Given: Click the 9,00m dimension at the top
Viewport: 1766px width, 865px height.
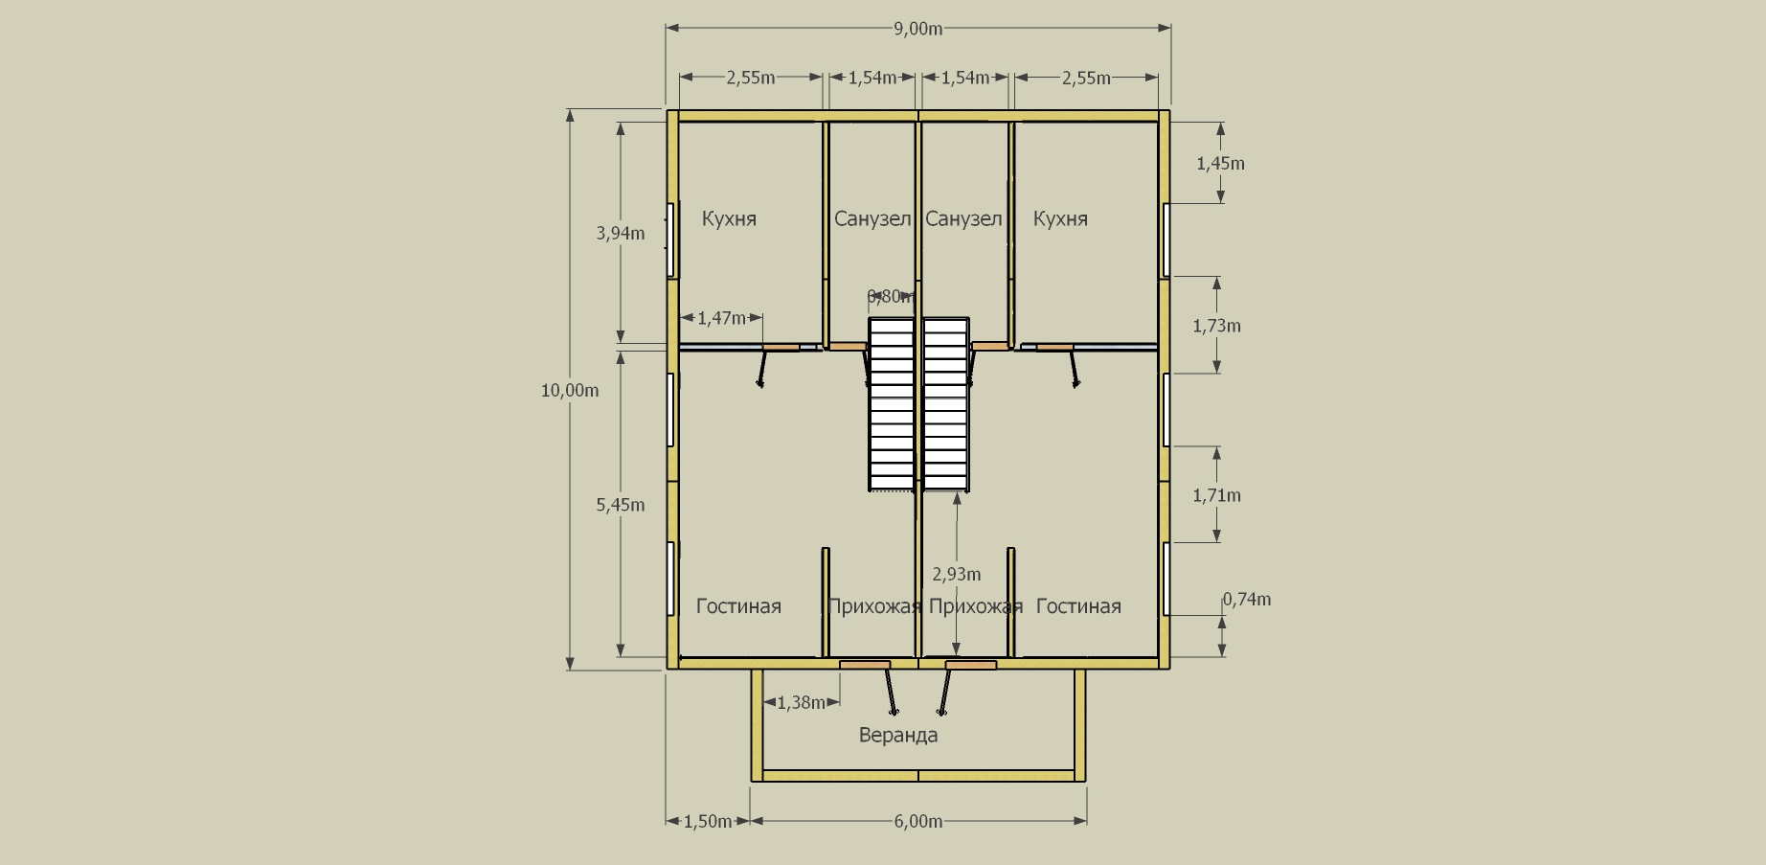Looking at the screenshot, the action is coord(917,29).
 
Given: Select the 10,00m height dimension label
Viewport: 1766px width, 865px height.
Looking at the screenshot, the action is coord(570,390).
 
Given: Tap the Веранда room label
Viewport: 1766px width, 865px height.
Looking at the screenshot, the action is coord(898,735).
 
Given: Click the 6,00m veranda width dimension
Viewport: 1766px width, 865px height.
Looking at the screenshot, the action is coord(917,821).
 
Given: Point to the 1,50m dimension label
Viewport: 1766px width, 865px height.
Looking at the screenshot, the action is coord(708,821).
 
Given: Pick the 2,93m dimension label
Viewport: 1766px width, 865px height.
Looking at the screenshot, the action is coord(957,574).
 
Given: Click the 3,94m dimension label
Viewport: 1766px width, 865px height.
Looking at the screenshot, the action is coord(621,233).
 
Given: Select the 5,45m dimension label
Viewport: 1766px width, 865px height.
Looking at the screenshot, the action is coord(621,505).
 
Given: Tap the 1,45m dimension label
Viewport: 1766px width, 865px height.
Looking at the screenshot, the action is coord(1220,164).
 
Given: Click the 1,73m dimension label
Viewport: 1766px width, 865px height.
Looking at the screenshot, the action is coord(1216,326).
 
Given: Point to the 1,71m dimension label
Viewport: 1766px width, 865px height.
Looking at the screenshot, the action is coord(1216,495).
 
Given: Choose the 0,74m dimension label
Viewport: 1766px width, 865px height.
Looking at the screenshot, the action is coord(1247,600).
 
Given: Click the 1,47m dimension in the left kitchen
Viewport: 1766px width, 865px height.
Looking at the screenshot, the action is coord(721,318).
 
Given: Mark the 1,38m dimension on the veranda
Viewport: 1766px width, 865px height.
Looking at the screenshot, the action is coord(801,703).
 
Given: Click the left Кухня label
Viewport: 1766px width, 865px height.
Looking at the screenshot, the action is coord(729,218).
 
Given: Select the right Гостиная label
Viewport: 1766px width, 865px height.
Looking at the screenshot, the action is coord(1078,606).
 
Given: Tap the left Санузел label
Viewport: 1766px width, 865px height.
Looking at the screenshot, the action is coord(872,218).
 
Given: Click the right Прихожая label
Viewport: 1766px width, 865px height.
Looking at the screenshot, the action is coord(976,606).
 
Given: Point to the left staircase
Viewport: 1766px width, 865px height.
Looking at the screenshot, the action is coord(892,404).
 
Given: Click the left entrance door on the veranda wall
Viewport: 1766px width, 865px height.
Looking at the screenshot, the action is coord(865,665).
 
